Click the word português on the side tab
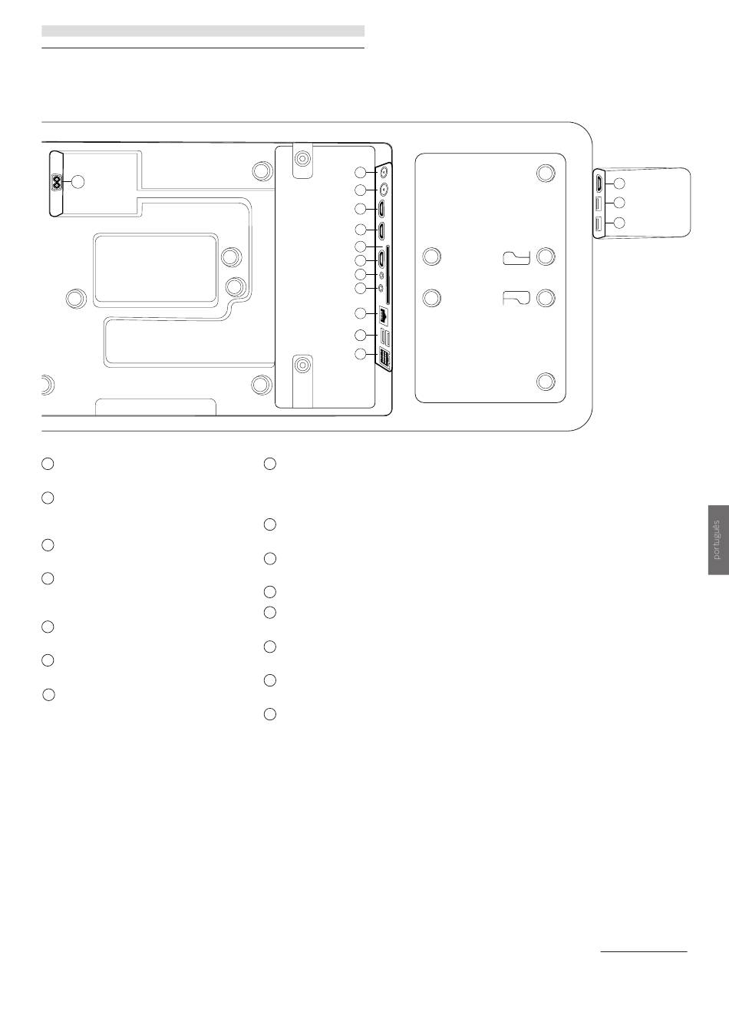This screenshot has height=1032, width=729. click(x=717, y=540)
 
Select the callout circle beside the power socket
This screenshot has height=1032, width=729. click(x=78, y=182)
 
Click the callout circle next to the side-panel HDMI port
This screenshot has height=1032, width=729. click(x=621, y=184)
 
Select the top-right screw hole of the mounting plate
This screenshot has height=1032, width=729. click(x=545, y=174)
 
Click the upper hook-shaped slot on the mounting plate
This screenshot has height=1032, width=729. click(x=517, y=256)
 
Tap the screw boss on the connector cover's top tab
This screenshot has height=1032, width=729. click(x=304, y=158)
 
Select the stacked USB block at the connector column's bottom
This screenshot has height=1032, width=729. click(x=384, y=358)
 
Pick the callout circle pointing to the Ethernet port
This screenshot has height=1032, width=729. click(x=361, y=314)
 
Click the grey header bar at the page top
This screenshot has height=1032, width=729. click(x=203, y=31)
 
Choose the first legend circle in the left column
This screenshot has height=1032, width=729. click(x=48, y=464)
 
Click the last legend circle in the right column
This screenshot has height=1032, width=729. click(x=269, y=714)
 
